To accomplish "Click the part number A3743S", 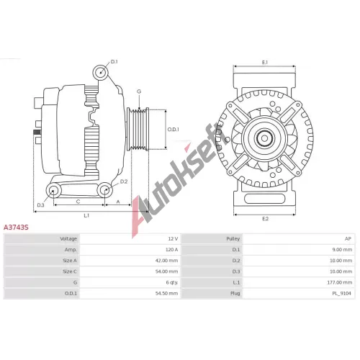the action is click(x=16, y=227).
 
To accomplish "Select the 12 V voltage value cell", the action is click(x=173, y=239).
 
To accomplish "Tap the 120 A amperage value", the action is click(x=171, y=250).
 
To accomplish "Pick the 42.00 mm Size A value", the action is click(x=166, y=261).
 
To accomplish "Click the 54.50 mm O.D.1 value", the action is click(x=166, y=293).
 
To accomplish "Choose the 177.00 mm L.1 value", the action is click(x=340, y=282).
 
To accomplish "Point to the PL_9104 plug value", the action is click(x=342, y=293).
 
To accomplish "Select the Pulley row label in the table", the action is click(x=233, y=239).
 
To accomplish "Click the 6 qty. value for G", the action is click(x=172, y=282).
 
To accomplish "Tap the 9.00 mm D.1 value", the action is click(x=342, y=250).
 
